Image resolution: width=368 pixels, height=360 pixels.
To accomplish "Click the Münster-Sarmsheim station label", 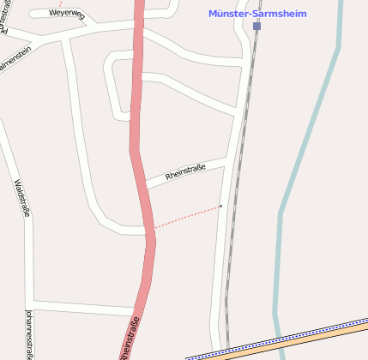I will (258, 14).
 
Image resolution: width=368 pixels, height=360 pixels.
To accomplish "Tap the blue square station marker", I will (256, 27).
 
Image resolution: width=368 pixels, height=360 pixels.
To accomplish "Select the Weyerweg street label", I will (66, 14).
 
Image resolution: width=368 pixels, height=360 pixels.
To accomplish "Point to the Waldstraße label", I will (22, 198).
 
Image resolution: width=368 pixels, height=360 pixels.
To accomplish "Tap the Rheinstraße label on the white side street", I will (185, 173).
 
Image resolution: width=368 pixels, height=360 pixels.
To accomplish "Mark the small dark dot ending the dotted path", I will (220, 206).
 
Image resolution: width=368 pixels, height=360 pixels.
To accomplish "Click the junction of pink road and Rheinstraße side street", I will (143, 185).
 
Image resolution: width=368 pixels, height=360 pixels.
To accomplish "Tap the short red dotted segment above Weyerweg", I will (60, 3).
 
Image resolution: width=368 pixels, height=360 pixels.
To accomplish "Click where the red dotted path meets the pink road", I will (154, 227).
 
